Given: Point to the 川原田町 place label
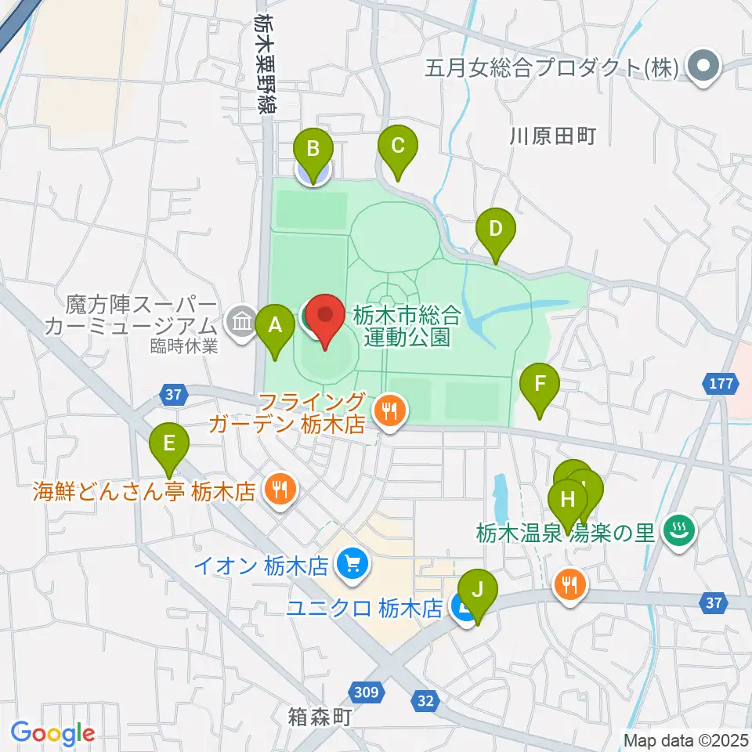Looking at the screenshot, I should [x=553, y=136].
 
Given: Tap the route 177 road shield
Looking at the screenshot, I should [x=721, y=385].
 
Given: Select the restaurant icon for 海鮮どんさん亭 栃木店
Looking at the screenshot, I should [x=277, y=490].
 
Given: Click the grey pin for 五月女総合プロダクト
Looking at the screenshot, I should [x=702, y=67].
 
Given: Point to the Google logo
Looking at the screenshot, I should [x=53, y=732].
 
